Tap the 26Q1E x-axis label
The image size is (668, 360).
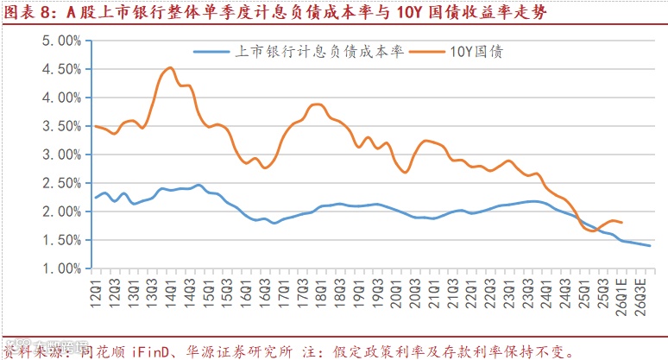tap(621, 293)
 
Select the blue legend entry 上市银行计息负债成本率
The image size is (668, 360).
tap(319, 52)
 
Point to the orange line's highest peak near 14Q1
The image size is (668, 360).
tap(170, 67)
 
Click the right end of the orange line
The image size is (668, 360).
tap(622, 223)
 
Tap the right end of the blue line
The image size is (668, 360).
tap(650, 246)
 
